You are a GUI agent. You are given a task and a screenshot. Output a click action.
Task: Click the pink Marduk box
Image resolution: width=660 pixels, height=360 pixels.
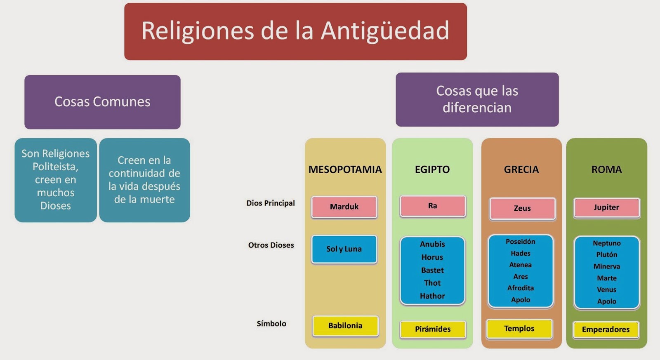point(344,207)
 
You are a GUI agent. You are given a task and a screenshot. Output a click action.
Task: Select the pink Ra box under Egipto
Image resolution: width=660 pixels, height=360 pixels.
point(433,206)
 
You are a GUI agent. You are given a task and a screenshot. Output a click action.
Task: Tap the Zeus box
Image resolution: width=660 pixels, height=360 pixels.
point(522,209)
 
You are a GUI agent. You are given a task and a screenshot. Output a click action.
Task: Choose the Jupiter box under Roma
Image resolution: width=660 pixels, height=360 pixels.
point(606,208)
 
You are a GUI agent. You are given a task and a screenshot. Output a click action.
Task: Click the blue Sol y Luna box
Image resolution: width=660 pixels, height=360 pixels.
point(344,249)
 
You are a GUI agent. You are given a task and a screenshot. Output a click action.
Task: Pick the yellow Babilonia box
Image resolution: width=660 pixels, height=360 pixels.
point(345,326)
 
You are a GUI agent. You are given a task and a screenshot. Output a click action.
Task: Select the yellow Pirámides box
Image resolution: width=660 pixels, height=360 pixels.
point(433,329)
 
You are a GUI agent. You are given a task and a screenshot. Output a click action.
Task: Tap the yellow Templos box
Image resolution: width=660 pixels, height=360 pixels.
point(519,329)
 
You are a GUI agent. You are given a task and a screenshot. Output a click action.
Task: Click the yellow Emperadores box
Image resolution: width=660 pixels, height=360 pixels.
point(606,329)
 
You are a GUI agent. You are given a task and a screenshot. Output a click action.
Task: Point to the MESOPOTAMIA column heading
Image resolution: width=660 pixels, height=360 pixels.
point(345,169)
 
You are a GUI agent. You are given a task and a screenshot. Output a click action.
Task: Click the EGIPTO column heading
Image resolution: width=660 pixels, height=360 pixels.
point(432,169)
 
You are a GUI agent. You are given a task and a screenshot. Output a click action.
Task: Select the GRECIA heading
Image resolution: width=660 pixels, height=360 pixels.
point(521,169)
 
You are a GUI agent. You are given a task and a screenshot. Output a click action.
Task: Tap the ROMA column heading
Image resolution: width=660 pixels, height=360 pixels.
point(607,169)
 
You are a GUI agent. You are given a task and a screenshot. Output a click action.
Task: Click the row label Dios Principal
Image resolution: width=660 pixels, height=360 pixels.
point(271,203)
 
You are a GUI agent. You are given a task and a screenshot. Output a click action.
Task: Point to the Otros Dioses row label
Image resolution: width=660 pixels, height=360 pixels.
point(271,245)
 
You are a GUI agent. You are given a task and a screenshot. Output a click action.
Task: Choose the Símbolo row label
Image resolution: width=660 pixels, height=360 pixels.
point(271,323)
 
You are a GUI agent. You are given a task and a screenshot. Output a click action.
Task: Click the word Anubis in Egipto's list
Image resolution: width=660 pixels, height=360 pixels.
point(432,244)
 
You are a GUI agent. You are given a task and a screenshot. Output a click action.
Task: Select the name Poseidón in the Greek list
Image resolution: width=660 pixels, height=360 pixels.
point(520,242)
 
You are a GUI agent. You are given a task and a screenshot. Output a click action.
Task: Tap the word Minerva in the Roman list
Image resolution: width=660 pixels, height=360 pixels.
point(607,266)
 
